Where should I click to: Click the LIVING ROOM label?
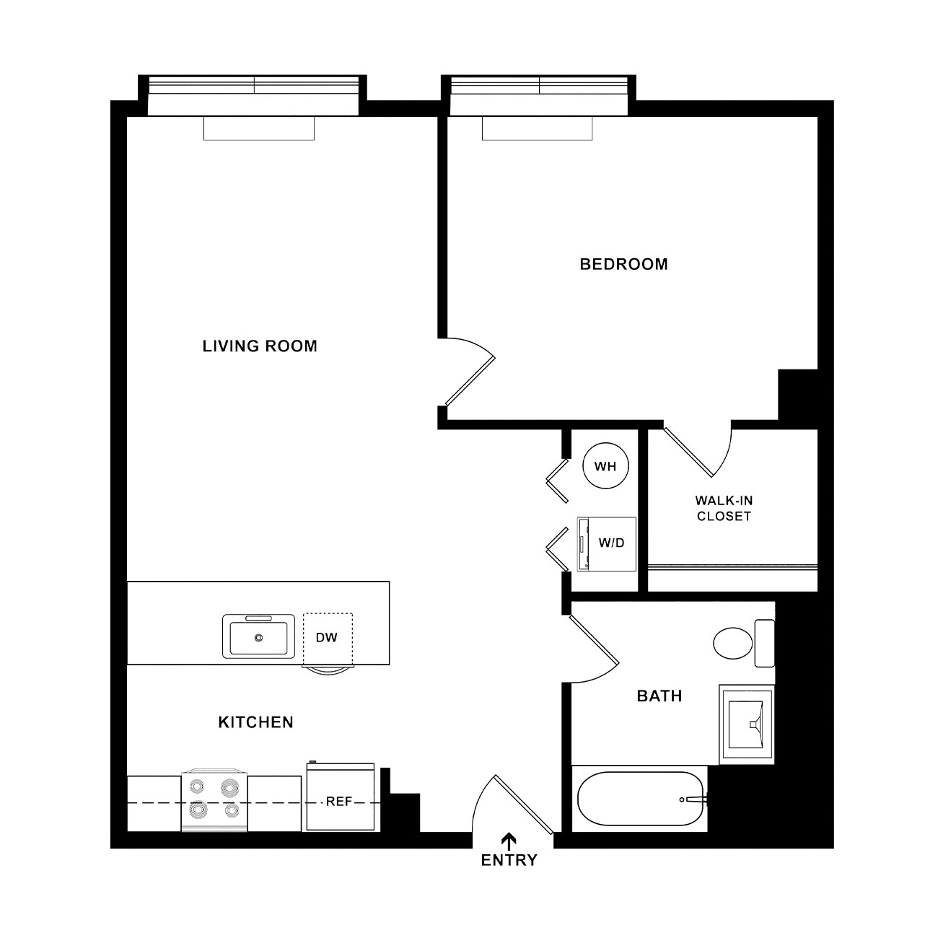pyautogui.click(x=260, y=346)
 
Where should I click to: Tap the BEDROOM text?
pyautogui.click(x=623, y=264)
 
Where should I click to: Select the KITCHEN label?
pyautogui.click(x=256, y=722)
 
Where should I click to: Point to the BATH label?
pyautogui.click(x=659, y=696)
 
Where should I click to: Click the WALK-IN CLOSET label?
pyautogui.click(x=724, y=508)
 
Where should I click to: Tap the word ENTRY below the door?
pyautogui.click(x=509, y=860)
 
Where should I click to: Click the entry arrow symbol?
pyautogui.click(x=509, y=841)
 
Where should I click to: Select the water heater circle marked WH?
pyautogui.click(x=605, y=466)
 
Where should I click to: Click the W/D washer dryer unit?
pyautogui.click(x=607, y=544)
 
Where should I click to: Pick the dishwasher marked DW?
pyautogui.click(x=328, y=639)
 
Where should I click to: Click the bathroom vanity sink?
pyautogui.click(x=746, y=724)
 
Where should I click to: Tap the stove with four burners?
pyautogui.click(x=214, y=801)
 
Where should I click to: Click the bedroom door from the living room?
pyautogui.click(x=470, y=382)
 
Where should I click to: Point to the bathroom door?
pyautogui.click(x=594, y=639)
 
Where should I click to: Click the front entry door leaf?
pyautogui.click(x=524, y=803)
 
